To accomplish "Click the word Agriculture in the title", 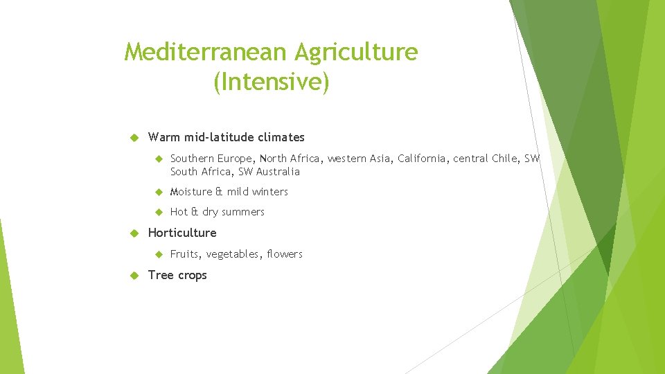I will click(356, 53).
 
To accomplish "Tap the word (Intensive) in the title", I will click(272, 82).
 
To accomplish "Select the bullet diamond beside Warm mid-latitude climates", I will click(136, 138).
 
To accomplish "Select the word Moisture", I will click(191, 192).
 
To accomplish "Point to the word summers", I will click(243, 212).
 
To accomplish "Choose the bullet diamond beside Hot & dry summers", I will click(158, 212).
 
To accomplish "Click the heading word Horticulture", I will click(182, 233).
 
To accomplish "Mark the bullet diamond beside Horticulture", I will click(136, 233).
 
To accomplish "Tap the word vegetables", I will click(234, 255).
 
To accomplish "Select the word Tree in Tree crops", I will click(161, 275).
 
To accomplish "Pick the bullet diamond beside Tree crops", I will click(136, 276).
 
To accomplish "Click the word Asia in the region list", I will click(380, 159).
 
